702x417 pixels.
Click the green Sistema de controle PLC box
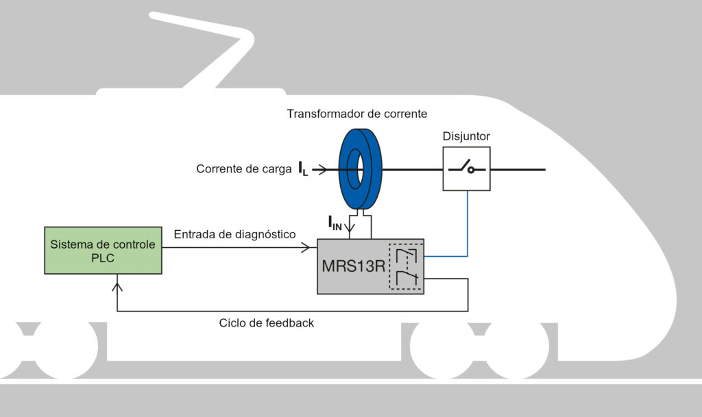pyautogui.click(x=103, y=250)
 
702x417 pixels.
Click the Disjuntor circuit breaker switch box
pyautogui.click(x=466, y=168)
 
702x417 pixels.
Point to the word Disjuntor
pyautogui.click(x=466, y=137)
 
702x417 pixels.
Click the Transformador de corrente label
pyautogui.click(x=357, y=114)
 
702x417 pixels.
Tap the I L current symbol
pyautogui.click(x=303, y=169)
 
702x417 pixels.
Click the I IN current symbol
pyautogui.click(x=335, y=223)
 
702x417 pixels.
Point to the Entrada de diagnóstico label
pyautogui.click(x=234, y=235)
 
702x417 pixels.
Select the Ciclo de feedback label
pyautogui.click(x=266, y=323)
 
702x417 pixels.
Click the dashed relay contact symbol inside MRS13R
pyautogui.click(x=405, y=266)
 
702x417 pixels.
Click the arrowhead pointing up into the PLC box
pyautogui.click(x=119, y=278)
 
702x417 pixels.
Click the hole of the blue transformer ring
pyautogui.click(x=355, y=167)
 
